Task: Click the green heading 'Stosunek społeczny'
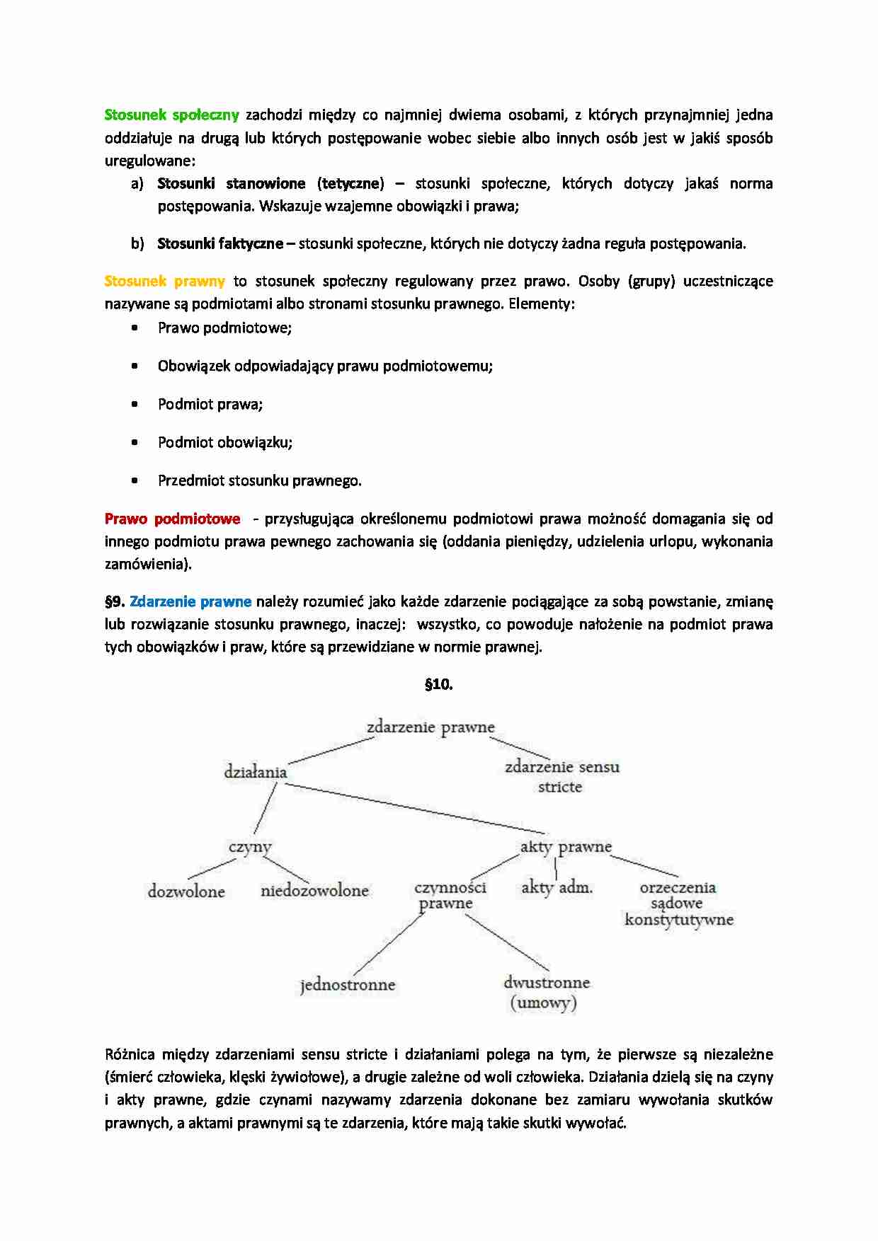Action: click(171, 115)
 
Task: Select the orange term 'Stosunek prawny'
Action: click(164, 281)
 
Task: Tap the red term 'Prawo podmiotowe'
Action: click(172, 519)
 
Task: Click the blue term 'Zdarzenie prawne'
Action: click(190, 601)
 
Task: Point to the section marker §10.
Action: click(438, 684)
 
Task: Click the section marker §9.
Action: click(115, 601)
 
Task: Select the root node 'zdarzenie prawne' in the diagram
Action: click(431, 727)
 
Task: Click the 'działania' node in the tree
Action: click(255, 772)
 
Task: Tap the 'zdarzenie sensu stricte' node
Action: click(561, 776)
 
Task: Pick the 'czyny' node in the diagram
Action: click(250, 847)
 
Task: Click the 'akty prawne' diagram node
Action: click(566, 847)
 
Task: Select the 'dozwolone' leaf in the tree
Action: click(186, 891)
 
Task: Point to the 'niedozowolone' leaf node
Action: click(314, 891)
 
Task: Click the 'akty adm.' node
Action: click(557, 887)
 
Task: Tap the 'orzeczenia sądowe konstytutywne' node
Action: click(678, 904)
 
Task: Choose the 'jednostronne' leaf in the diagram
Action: click(347, 985)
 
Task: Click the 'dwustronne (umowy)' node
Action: click(546, 992)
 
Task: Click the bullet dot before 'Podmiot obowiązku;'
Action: click(135, 442)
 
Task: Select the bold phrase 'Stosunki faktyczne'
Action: click(219, 243)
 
